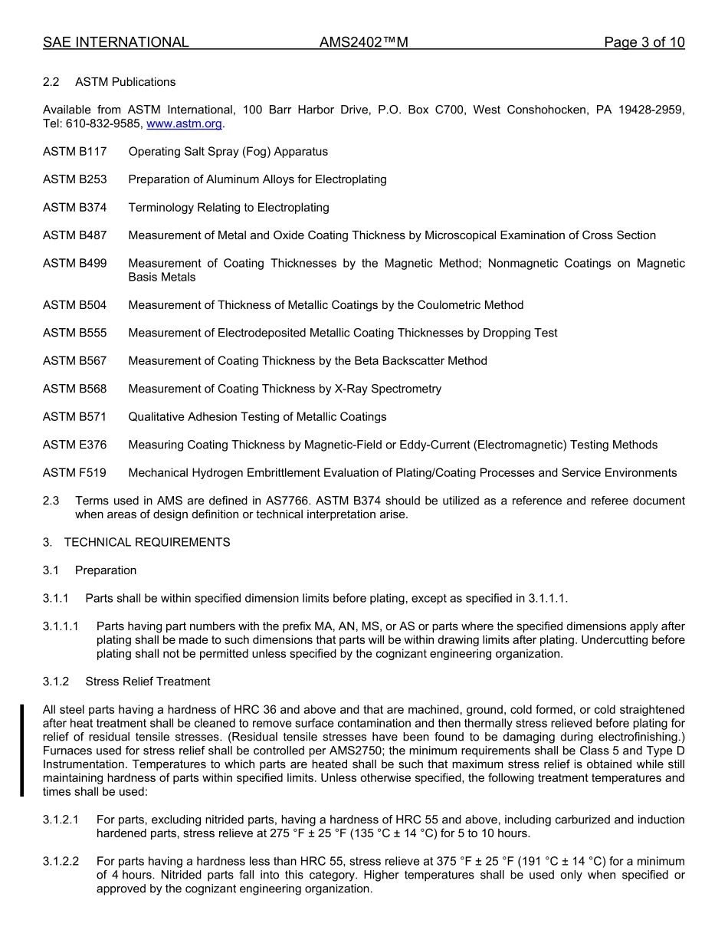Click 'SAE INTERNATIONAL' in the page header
[116, 43]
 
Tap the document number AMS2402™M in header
[363, 43]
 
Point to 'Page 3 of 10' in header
[644, 43]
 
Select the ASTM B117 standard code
[75, 152]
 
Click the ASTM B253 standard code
[75, 179]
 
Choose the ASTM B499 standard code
[75, 263]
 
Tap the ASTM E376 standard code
[75, 445]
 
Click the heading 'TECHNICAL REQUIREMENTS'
[147, 542]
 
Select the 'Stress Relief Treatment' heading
[148, 682]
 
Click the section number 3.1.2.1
[61, 820]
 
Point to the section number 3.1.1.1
[61, 626]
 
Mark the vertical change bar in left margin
[22, 751]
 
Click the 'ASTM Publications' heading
[126, 82]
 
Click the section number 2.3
[51, 501]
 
